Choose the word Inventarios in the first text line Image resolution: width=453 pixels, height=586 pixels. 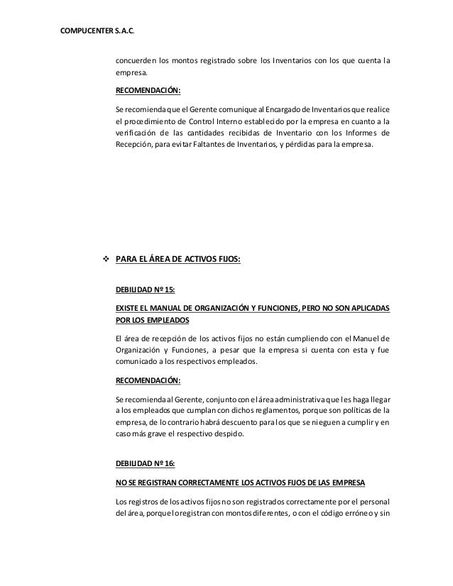coord(290,59)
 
